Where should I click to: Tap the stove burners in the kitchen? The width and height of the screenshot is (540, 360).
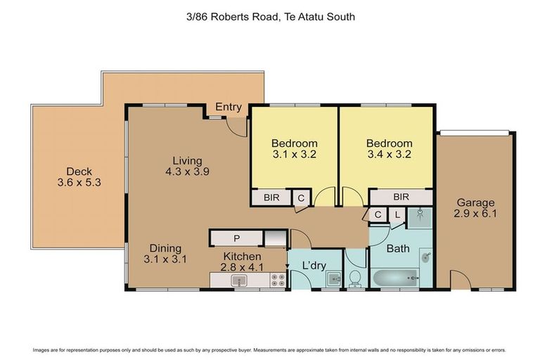click(276, 281)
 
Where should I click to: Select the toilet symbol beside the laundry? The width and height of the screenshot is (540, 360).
click(355, 278)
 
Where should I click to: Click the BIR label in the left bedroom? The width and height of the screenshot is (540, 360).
click(271, 198)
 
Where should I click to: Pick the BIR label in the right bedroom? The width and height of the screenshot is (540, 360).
click(401, 198)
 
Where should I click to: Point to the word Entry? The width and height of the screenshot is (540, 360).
click(229, 108)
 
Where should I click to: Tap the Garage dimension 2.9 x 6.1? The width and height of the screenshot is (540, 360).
click(477, 214)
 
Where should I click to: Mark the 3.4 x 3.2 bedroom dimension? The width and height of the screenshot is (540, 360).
click(389, 155)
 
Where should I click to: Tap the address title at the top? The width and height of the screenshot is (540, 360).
click(270, 16)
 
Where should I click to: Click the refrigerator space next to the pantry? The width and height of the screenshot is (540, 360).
click(276, 239)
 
